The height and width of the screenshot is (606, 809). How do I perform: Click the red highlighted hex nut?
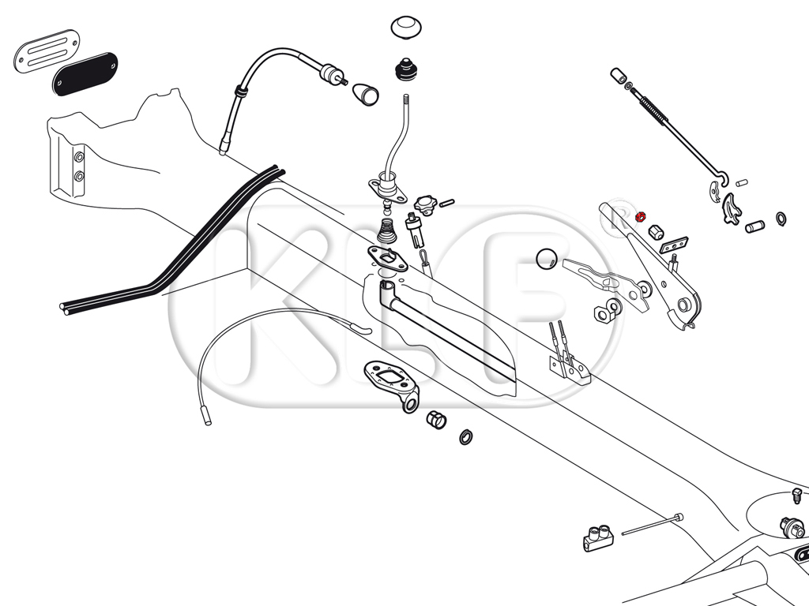pyautogui.click(x=641, y=213)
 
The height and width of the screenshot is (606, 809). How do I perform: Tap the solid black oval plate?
pyautogui.click(x=85, y=72)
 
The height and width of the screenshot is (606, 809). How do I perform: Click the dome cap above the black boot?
pyautogui.click(x=408, y=27)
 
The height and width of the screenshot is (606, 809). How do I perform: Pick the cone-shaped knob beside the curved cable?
pyautogui.click(x=365, y=93)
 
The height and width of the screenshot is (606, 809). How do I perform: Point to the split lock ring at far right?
pyautogui.click(x=781, y=219)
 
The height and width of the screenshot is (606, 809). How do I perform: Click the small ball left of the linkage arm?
pyautogui.click(x=546, y=259)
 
